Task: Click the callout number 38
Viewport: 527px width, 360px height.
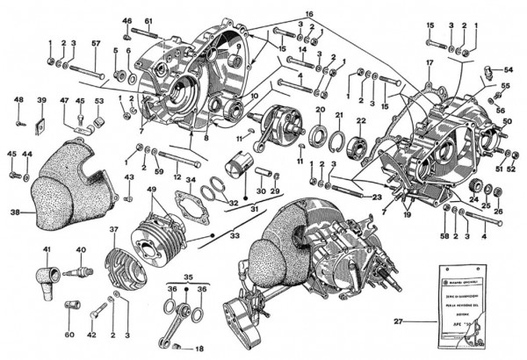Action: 15,212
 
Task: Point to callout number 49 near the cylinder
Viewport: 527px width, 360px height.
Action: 153,189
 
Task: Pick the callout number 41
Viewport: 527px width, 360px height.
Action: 47,250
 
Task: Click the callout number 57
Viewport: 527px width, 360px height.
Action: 96,43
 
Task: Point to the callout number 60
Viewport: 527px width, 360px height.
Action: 69,334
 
